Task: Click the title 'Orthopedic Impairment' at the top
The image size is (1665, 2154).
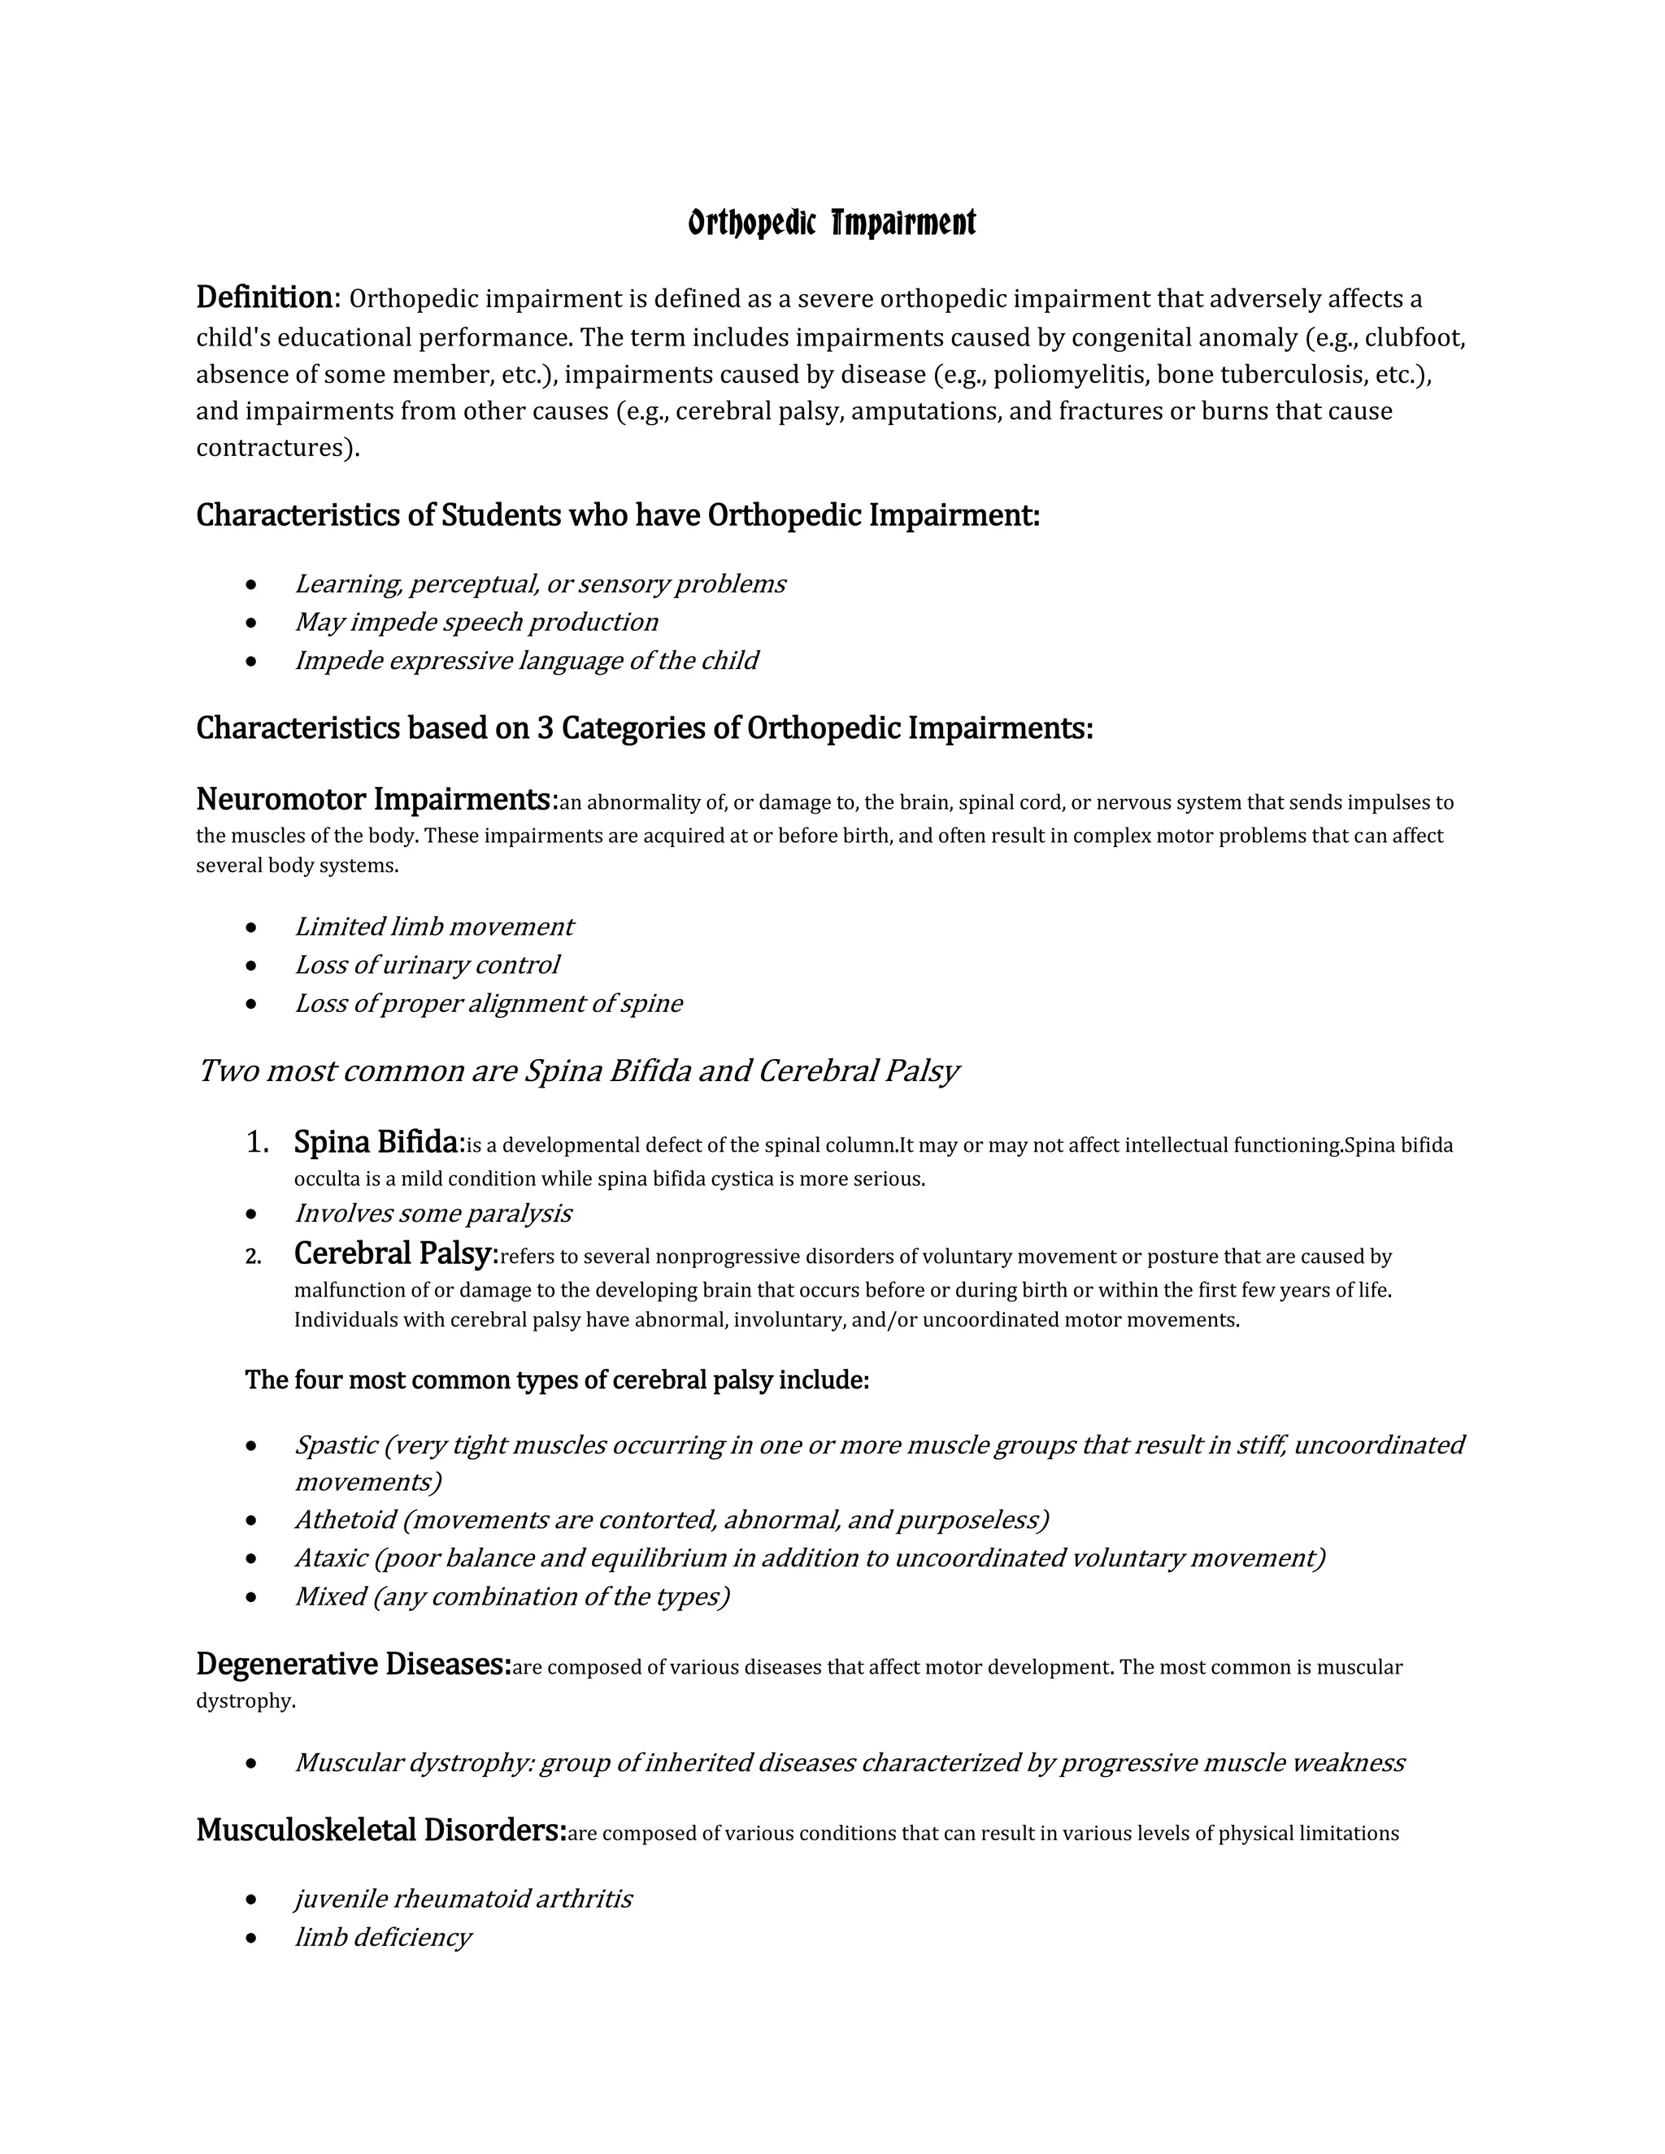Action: coord(832,224)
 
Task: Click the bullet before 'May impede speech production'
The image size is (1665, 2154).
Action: coord(253,623)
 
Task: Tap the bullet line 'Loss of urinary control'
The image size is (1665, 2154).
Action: coord(426,965)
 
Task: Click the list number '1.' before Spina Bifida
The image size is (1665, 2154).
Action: coord(258,1142)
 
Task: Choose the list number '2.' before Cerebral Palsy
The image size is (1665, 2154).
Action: coord(254,1257)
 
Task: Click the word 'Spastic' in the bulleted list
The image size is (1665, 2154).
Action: coord(336,1445)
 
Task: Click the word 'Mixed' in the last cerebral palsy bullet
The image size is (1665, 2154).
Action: coord(330,1596)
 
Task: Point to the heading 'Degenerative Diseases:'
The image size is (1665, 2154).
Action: coord(353,1664)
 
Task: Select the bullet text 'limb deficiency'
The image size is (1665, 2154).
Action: coord(383,1937)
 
